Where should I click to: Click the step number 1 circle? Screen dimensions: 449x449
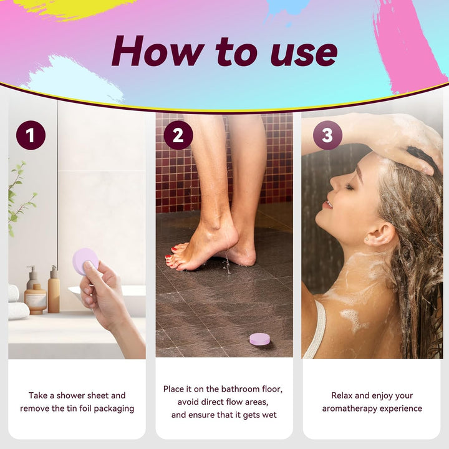tap(31, 135)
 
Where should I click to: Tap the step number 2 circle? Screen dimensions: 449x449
tap(178, 135)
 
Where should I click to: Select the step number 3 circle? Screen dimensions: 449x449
tap(327, 135)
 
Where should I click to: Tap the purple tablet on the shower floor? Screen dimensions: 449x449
tap(259, 339)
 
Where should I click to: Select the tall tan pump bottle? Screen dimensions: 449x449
tap(54, 289)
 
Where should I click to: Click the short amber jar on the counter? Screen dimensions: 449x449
tap(35, 299)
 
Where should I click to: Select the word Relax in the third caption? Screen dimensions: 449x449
tap(342, 395)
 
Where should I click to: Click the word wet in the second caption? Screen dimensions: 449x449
tap(270, 415)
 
